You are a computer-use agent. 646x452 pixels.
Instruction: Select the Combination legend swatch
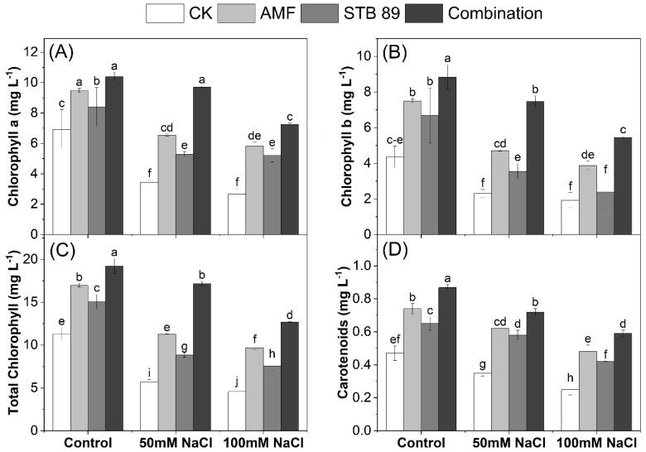pyautogui.click(x=424, y=12)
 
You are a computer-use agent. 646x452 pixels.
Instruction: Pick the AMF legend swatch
pyautogui.click(x=234, y=12)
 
